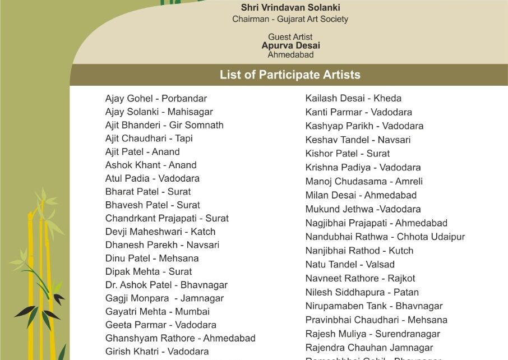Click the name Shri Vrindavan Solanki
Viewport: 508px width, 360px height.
[x=290, y=8]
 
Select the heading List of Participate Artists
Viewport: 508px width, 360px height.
[x=290, y=75]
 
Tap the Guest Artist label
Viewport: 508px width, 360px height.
[x=290, y=37]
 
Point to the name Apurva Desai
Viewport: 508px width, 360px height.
[x=290, y=46]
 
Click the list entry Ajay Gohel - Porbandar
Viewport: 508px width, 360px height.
[x=156, y=99]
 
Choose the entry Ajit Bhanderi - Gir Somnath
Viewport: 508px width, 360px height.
[x=164, y=125]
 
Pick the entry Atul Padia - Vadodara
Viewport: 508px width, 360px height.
[x=153, y=178]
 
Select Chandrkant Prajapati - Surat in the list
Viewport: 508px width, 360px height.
[x=167, y=218]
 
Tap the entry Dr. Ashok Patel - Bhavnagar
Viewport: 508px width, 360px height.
[x=167, y=285]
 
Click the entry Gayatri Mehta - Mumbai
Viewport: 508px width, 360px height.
[x=158, y=311]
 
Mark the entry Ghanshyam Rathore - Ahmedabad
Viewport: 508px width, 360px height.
[x=181, y=338]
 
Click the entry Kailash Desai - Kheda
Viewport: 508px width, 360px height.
[x=353, y=98]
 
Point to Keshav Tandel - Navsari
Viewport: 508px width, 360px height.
[x=358, y=140]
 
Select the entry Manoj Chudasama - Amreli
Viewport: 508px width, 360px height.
[x=364, y=181]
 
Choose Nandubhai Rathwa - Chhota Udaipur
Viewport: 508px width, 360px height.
[x=385, y=237]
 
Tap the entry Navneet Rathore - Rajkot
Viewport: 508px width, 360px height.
[x=360, y=278]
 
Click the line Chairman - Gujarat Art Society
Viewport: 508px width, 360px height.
[x=290, y=19]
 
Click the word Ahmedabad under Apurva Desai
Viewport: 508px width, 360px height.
[x=290, y=55]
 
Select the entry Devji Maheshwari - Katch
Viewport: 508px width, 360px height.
[x=160, y=232]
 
